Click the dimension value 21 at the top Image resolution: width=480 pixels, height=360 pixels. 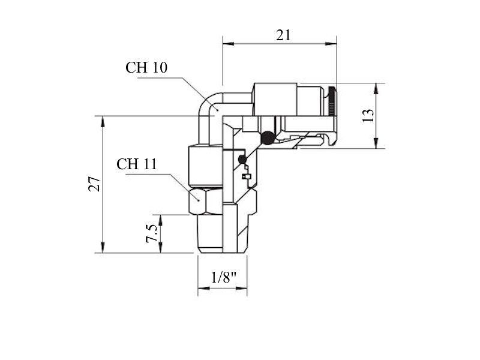coord(283,35)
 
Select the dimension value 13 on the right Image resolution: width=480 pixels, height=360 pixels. coord(368,116)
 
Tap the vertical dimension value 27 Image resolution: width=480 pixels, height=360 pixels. coord(94,184)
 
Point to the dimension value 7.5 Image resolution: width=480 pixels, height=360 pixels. coord(152,233)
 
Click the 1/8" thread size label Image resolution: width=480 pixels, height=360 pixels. coord(224,278)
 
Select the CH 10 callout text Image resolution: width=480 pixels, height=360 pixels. coord(146,67)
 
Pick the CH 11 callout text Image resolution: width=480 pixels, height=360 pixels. coord(137,164)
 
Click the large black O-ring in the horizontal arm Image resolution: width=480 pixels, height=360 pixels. coord(268,138)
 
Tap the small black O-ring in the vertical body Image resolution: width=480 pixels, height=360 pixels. coord(242,159)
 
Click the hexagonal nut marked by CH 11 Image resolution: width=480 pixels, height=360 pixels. coord(205,201)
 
